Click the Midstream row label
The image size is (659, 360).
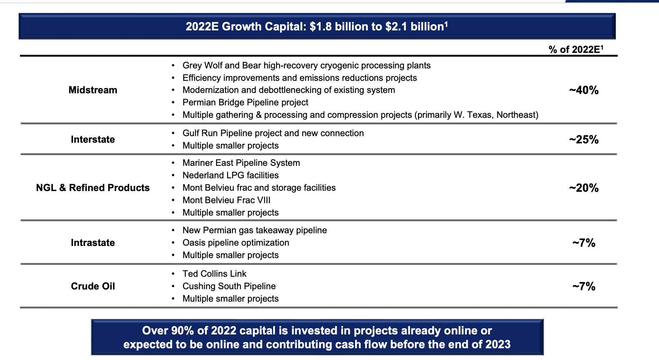point(93,90)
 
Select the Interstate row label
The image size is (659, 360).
point(93,140)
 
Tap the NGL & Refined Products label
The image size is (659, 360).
point(93,188)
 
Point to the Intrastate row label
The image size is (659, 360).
point(93,243)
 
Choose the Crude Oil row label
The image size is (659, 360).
point(93,286)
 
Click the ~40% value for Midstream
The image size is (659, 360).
point(584,90)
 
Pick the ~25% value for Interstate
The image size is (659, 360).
point(584,140)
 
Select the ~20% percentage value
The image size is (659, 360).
point(584,188)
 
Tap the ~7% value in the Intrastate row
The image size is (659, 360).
point(584,243)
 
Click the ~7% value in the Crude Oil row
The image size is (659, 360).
point(584,286)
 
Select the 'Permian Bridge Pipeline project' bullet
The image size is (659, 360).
point(245,103)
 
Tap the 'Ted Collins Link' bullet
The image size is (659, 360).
point(214,274)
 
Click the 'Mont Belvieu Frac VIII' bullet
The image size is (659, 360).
point(226,200)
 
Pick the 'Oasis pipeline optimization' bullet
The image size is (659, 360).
point(236,243)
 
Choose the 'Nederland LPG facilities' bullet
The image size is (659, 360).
point(231,176)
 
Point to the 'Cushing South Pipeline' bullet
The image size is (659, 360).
point(229,286)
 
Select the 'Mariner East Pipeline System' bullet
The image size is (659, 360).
point(241,163)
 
